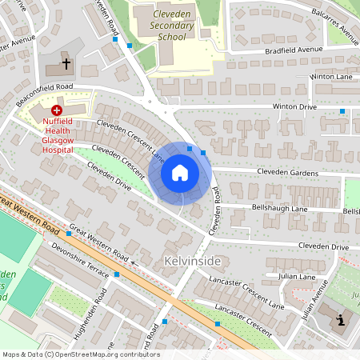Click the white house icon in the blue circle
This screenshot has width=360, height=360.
tap(179, 173)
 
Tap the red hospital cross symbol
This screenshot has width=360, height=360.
tap(57, 110)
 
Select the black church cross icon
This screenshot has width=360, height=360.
tap(66, 62)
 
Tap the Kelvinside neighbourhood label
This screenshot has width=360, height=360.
tap(191, 262)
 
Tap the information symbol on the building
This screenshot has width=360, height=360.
tap(342, 321)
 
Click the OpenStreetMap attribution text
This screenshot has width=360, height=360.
tap(80, 354)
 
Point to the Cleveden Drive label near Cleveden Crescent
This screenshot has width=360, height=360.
tap(109, 176)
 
